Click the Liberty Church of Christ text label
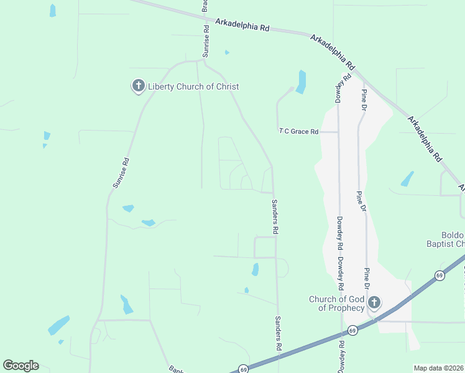click(193, 86)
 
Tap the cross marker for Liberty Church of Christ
click(138, 86)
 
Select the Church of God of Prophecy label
click(337, 303)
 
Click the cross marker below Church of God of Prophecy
click(374, 303)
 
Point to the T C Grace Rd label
click(298, 132)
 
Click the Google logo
click(21, 366)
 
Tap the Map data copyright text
click(439, 368)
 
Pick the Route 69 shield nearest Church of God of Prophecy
click(352, 329)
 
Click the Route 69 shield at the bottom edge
click(244, 369)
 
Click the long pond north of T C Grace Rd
click(302, 81)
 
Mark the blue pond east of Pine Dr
click(407, 179)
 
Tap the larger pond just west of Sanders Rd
click(255, 269)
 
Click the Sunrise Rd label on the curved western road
click(121, 173)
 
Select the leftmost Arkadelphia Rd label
click(243, 25)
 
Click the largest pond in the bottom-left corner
click(58, 325)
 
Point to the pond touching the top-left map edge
click(53, 10)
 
